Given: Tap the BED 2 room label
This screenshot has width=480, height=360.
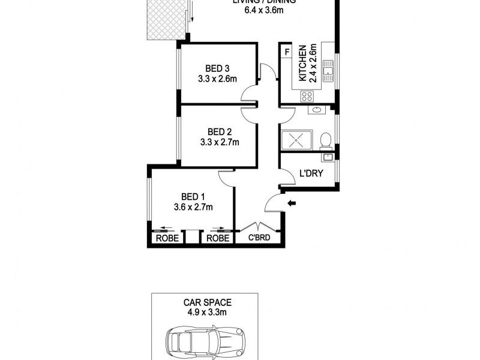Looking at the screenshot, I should [219, 131].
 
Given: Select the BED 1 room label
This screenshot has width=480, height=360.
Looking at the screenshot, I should [193, 196].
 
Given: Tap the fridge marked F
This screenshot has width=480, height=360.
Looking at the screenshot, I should [287, 52].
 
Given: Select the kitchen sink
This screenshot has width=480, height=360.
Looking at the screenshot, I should [328, 71].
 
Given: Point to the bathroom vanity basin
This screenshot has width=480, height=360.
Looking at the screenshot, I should [316, 110].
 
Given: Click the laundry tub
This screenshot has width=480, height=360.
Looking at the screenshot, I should [328, 158].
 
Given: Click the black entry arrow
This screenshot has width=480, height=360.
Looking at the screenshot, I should [292, 204].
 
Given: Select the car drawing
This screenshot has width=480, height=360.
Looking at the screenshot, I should [204, 342].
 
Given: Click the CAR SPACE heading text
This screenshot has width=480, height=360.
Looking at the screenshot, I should [204, 303].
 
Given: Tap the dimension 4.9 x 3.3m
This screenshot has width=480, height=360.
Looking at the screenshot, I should [204, 313].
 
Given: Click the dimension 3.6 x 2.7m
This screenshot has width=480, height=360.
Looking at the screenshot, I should [193, 207].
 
